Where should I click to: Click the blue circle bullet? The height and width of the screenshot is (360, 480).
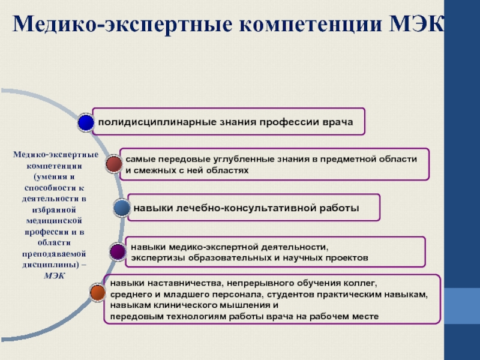86,122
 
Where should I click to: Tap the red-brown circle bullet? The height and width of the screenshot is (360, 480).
113,163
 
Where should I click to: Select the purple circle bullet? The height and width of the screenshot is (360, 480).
118,250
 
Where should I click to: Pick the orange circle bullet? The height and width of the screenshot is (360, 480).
97,292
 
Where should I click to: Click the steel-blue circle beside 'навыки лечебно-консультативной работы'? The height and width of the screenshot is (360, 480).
122,208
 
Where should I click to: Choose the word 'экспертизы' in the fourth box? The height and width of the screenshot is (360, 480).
157,257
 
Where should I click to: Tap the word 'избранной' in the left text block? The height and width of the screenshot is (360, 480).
55,210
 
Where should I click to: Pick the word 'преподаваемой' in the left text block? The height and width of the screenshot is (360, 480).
55,253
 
